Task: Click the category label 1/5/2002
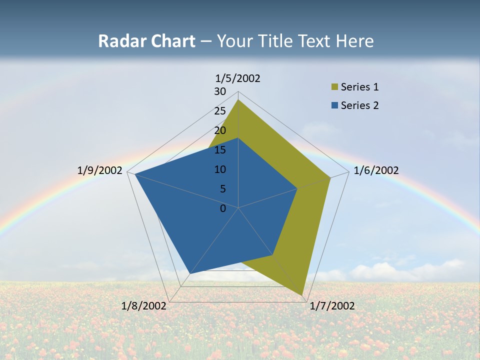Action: pos(237,78)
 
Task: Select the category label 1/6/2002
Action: pos(376,170)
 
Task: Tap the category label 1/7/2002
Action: pos(332,306)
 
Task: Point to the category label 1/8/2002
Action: pos(144,306)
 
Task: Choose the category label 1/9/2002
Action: pos(100,170)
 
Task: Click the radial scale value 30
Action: pos(220,91)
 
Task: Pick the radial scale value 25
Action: pos(220,111)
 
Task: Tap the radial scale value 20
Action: pos(220,130)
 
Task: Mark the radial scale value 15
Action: pos(220,150)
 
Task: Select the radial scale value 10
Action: pos(220,169)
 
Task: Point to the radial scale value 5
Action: pos(222,189)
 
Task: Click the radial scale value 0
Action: pos(223,208)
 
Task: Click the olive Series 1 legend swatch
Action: pos(334,87)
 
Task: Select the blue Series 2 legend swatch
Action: pos(334,105)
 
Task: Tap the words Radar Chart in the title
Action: pos(146,41)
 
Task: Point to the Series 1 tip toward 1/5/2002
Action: pos(238,99)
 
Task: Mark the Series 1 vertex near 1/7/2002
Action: pos(302,295)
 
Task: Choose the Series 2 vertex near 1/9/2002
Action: pos(135,174)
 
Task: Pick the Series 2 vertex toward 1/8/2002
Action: pos(190,273)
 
